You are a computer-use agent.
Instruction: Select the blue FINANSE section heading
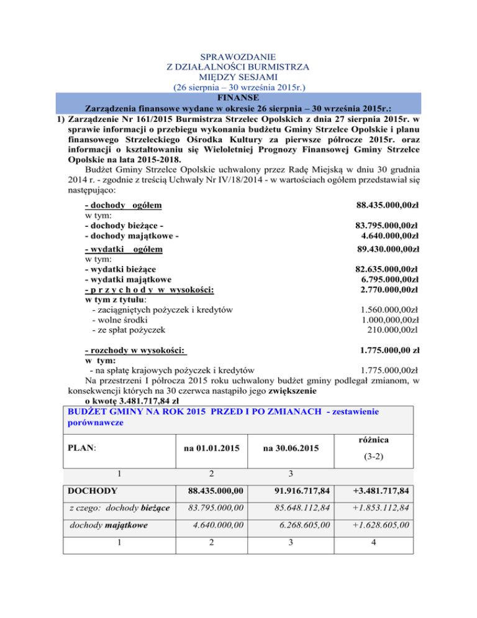(239, 97)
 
